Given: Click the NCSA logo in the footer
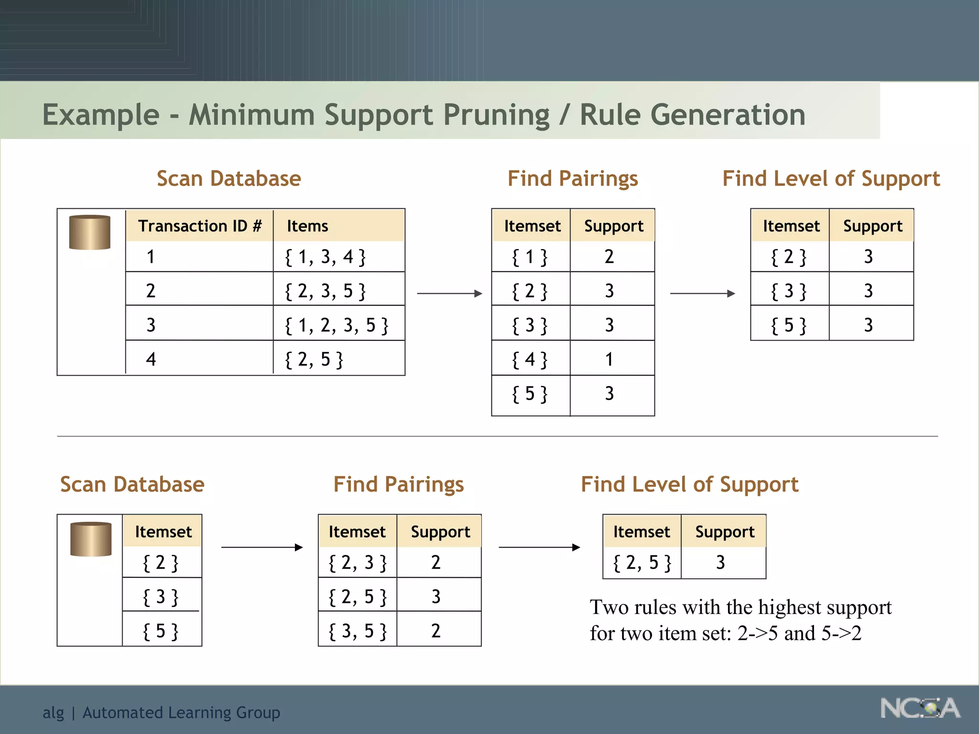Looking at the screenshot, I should coord(920,709).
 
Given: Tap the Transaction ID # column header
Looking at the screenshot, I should coord(200,226).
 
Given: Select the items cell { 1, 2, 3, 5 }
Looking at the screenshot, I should coord(337,325).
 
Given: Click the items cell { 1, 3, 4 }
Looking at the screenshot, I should coord(325,257).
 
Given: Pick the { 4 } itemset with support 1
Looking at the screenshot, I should coord(530,359).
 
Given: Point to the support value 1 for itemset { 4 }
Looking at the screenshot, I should coord(609,359).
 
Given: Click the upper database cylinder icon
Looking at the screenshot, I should coord(90,232).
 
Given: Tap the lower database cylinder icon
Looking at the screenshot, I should coord(91,539).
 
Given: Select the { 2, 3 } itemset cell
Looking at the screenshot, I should coord(358,562).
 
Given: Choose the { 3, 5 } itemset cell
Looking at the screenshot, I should coord(358,631).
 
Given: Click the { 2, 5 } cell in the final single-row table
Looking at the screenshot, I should coord(642,562).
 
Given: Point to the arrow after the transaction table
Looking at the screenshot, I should coord(449,293).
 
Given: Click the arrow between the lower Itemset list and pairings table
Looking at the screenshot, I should coord(262,547).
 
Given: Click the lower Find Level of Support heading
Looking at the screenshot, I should coord(689,484).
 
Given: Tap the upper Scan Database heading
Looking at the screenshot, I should coord(228,178).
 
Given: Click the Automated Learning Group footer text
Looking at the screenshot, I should coord(181,712).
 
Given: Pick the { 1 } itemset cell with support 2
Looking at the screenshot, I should coord(530,257).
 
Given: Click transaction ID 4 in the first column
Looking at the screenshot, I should coord(151,359).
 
